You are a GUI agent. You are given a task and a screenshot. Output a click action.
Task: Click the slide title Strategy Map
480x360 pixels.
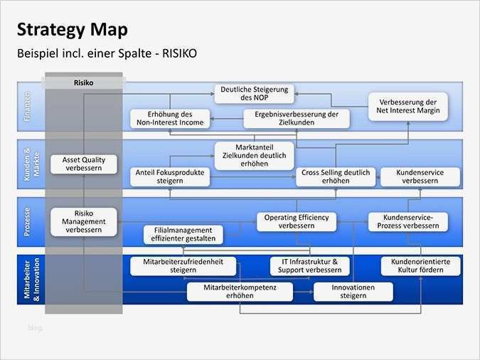tap(72, 29)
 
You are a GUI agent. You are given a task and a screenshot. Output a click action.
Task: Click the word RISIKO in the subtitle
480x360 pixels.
tap(176, 53)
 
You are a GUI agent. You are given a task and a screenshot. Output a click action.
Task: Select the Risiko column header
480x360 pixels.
tap(83, 83)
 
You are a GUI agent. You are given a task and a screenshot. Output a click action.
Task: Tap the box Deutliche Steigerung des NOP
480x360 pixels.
tap(254, 93)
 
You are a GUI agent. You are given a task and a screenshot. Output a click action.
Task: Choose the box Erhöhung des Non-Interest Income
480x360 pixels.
tap(169, 118)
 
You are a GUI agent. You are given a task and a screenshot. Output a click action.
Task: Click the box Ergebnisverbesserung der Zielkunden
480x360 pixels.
tap(297, 118)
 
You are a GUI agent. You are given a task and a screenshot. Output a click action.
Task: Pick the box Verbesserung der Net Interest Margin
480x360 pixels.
tap(408, 106)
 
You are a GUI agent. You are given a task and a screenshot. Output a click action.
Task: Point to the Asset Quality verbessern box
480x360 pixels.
tap(83, 164)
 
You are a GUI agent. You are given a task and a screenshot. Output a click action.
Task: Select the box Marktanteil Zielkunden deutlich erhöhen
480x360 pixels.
tap(254, 156)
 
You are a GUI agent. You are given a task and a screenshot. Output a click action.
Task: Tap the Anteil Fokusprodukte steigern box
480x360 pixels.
tap(169, 176)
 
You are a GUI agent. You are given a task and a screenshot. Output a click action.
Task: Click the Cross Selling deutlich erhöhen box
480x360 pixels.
tap(336, 176)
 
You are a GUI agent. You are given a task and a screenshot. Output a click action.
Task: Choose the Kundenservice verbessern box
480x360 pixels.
tap(420, 176)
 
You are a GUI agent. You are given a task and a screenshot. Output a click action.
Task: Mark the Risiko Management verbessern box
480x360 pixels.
tap(83, 221)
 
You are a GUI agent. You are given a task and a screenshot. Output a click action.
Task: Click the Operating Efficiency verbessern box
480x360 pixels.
tap(297, 221)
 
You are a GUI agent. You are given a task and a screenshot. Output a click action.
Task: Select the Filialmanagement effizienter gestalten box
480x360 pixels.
tap(183, 235)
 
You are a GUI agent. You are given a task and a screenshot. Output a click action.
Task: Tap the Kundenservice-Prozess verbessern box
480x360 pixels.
tap(408, 221)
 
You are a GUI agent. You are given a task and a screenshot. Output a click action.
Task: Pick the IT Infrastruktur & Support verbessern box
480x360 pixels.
tap(310, 266)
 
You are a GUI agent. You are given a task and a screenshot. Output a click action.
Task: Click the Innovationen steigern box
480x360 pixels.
tap(353, 292)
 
